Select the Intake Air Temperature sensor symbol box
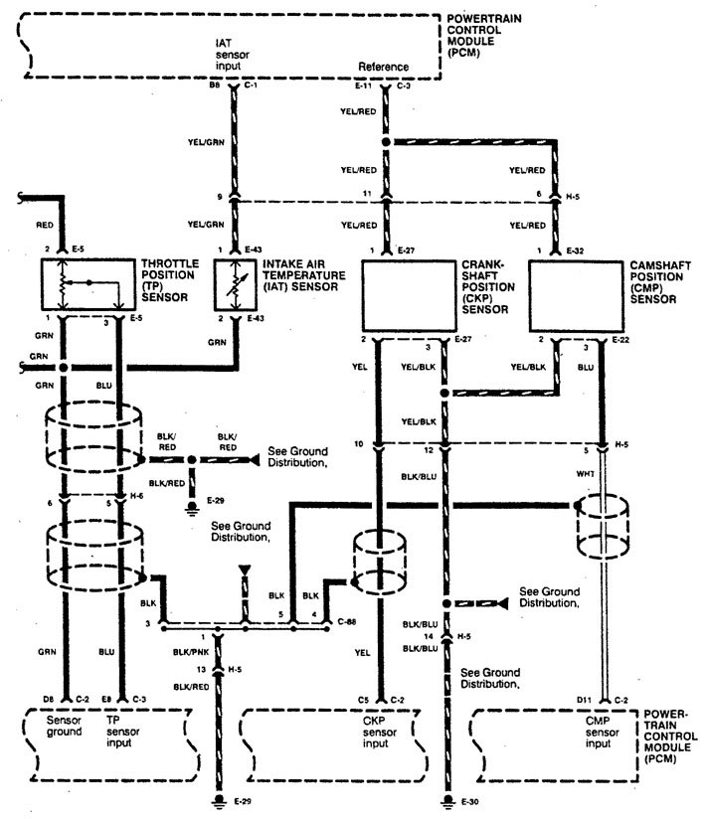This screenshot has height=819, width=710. [235, 285]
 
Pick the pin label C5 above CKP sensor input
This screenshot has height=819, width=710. [365, 701]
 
